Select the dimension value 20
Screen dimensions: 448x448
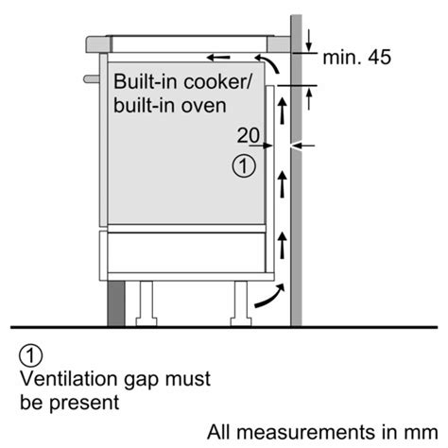point(248,136)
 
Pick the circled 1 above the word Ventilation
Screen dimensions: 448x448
point(31,355)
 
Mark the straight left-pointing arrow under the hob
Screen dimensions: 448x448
point(219,56)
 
